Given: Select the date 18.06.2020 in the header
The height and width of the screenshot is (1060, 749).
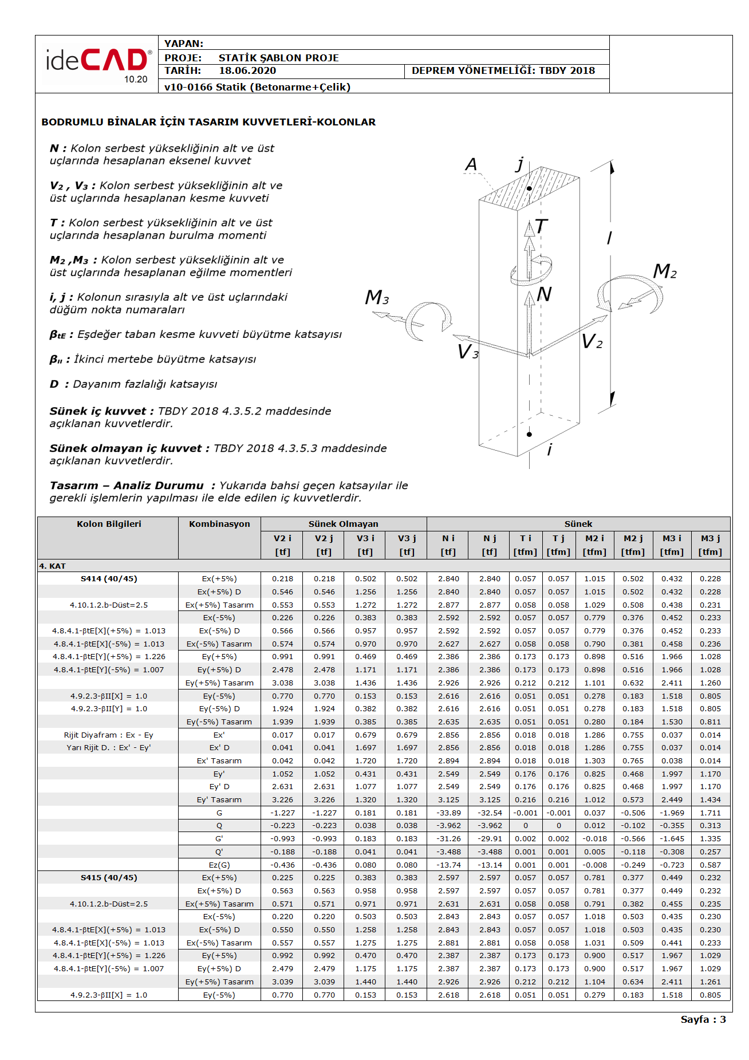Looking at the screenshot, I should pos(247,71).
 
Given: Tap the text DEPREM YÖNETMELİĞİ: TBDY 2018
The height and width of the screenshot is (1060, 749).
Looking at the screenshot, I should pos(503,71).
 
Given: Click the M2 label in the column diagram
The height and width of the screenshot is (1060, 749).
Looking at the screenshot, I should pos(665,271).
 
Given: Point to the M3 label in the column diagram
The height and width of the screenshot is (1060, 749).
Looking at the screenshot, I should pos(377,297).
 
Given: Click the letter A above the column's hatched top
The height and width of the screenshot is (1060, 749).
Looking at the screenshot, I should pos(471,165).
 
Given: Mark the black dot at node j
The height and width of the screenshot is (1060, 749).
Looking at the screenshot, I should pos(529,188).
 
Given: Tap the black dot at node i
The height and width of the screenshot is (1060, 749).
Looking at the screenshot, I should pos(529,434).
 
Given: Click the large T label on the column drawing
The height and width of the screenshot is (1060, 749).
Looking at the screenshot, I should pos(541,227).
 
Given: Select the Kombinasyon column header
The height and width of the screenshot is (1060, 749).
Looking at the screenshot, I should pos(219,524).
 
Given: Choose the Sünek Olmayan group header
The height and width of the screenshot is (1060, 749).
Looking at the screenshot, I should pos(343,524).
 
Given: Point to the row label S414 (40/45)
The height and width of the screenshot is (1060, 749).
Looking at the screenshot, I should pos(109,579).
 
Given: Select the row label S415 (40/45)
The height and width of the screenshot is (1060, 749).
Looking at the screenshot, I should pos(109,878).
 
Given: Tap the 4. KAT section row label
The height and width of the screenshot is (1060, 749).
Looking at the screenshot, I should pos(53,566).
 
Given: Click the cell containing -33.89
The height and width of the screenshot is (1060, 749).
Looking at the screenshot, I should pos(448,813).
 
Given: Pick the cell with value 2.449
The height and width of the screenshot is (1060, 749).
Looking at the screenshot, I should pos(672,800).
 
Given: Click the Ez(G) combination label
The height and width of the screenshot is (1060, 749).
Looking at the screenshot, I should pos(219,865).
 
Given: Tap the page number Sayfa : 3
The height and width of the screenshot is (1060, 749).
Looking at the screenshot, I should pos(703,1019).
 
